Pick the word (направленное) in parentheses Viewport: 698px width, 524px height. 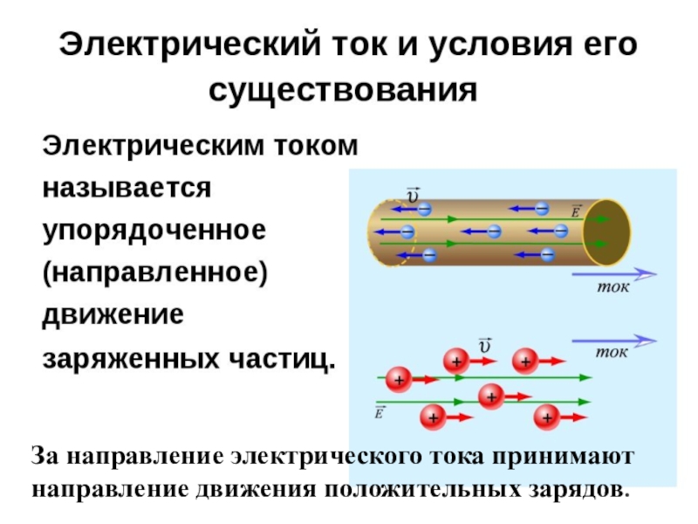tap(155, 273)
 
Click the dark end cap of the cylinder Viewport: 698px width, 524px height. tap(606, 232)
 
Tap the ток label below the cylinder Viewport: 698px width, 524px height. tap(613, 287)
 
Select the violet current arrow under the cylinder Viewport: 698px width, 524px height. tap(614, 274)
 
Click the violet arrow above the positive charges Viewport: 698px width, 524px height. tap(614, 341)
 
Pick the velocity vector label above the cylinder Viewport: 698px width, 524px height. tap(413, 195)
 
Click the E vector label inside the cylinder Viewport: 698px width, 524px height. tap(576, 211)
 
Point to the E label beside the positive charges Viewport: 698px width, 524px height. tap(379, 413)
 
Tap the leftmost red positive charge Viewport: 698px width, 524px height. tap(399, 380)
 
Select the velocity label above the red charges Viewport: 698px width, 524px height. tap(485, 345)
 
